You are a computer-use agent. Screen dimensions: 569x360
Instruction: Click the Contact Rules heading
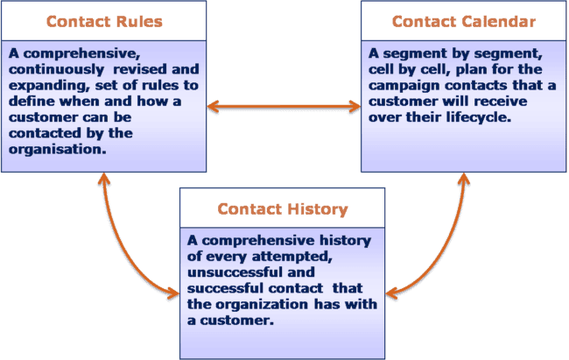(104, 21)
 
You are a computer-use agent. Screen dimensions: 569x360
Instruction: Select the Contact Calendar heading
(464, 21)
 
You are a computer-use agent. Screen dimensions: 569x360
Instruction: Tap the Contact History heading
(283, 208)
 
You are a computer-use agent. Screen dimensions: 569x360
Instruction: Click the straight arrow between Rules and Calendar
(284, 107)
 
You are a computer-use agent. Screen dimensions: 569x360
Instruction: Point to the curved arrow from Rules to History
(123, 251)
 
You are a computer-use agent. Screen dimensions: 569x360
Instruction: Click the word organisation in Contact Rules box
(57, 149)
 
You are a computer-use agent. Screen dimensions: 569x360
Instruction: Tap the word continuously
(57, 69)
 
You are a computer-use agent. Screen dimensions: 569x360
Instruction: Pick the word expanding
(49, 86)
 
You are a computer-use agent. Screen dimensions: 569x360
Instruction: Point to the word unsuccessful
(234, 272)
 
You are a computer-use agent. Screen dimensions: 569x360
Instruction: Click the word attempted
(292, 257)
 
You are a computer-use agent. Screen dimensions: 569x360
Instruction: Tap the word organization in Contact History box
(262, 305)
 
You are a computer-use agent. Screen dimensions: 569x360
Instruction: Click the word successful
(225, 288)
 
